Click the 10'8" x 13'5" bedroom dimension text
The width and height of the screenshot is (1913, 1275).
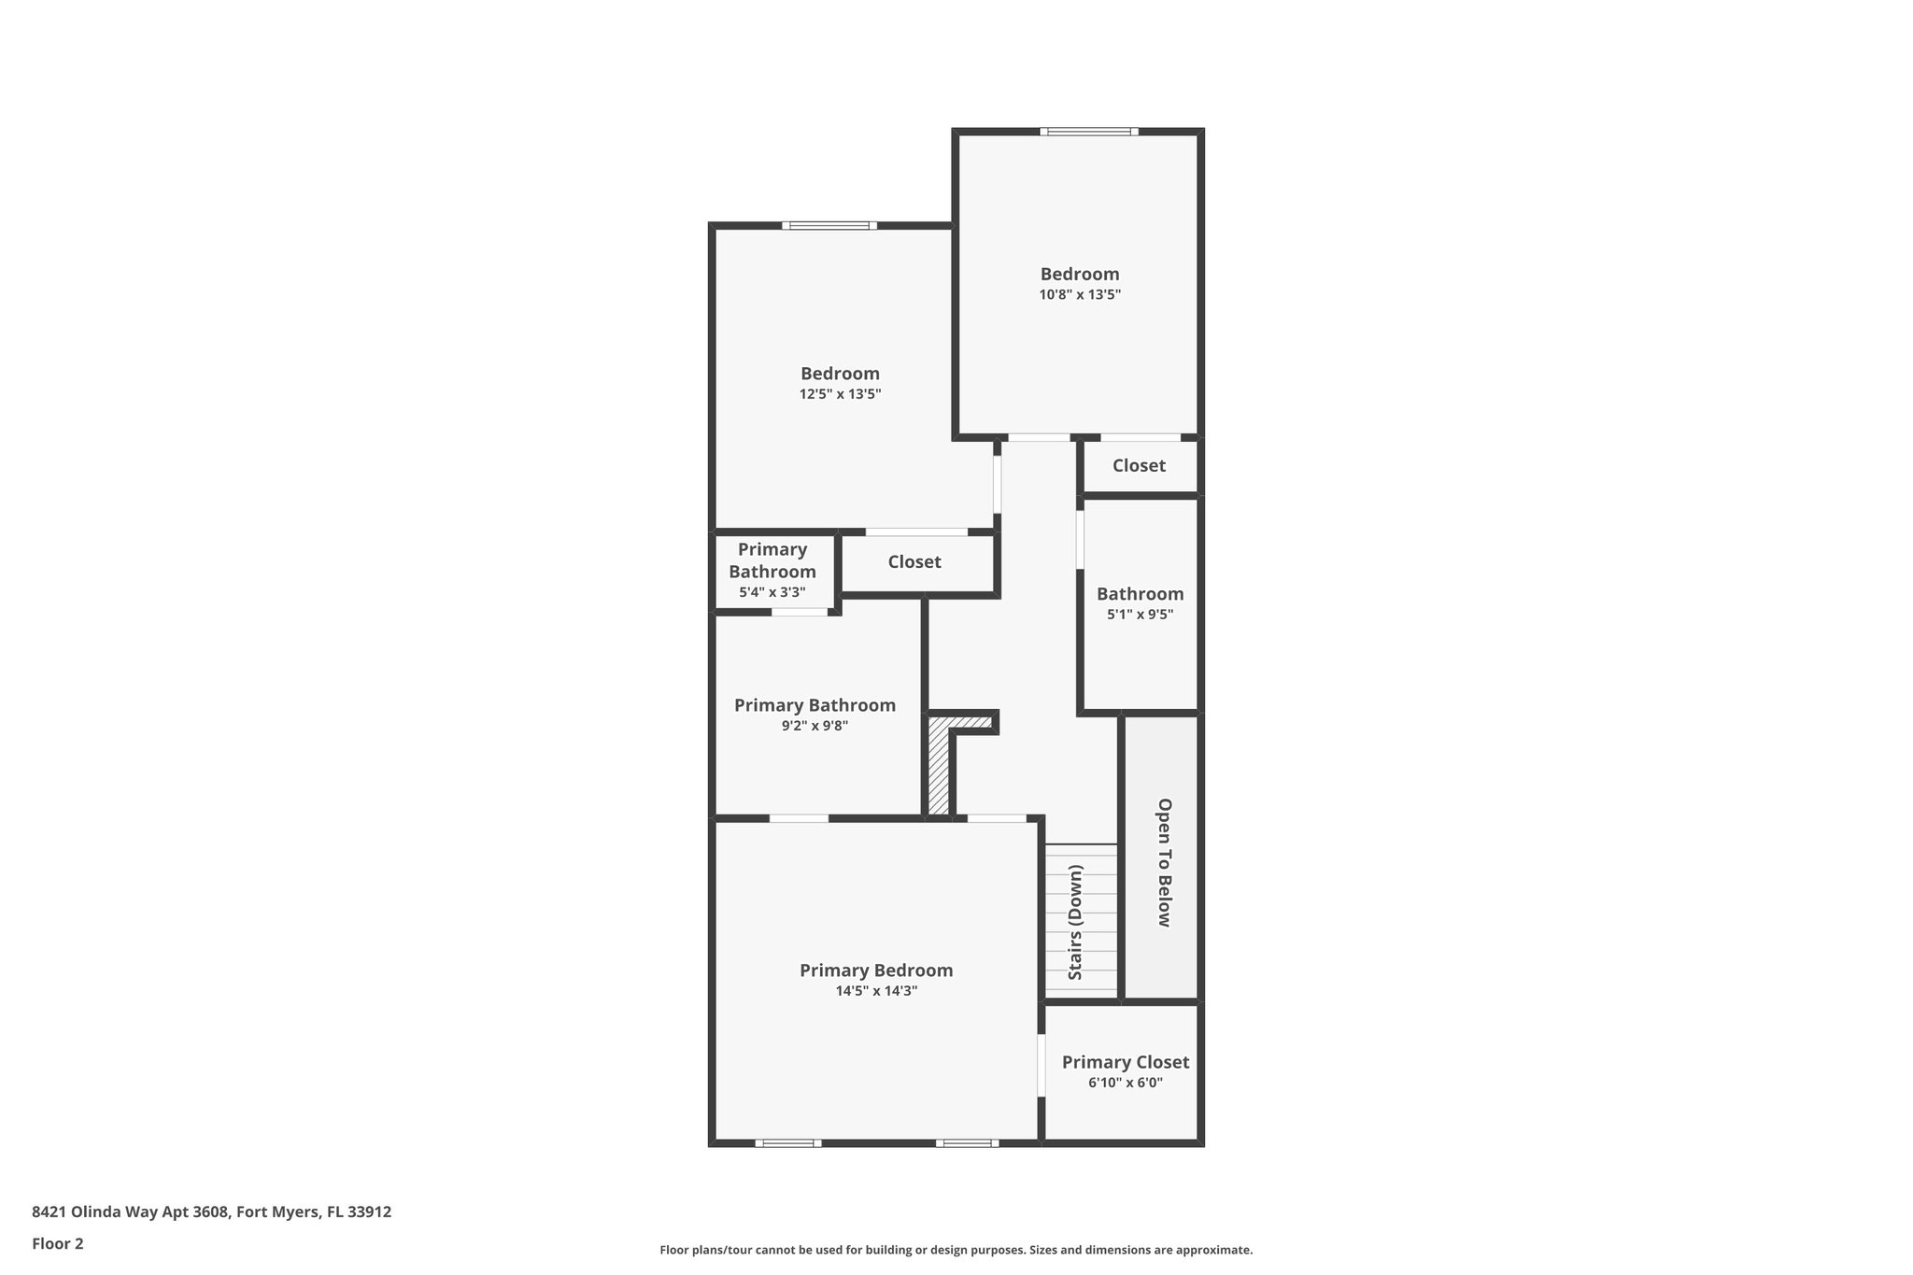point(1080,294)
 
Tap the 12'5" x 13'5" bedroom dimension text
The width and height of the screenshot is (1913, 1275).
point(840,394)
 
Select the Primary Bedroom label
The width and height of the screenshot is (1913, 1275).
point(875,970)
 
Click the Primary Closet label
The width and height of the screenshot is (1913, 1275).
point(1125,1062)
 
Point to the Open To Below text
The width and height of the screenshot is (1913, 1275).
point(1164,862)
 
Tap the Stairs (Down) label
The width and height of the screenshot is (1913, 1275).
point(1075,922)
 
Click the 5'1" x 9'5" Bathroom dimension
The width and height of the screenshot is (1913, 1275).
point(1140,615)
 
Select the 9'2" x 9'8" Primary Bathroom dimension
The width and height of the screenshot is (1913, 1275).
point(815,726)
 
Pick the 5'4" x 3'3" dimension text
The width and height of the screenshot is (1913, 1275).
point(772,592)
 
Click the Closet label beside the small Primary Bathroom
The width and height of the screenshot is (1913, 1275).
point(914,562)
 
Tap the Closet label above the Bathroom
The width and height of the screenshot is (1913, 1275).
point(1138,465)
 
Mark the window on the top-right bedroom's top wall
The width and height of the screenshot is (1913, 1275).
point(1089,132)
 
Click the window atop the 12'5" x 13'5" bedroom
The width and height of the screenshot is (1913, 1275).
point(829,225)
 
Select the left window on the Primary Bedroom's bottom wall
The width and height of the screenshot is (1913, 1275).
point(787,1142)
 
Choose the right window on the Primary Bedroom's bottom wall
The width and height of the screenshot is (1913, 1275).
point(967,1142)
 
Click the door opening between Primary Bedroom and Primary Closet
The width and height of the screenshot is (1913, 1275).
point(1042,1065)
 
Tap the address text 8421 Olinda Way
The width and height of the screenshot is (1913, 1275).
point(212,1211)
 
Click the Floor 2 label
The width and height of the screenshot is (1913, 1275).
point(58,1243)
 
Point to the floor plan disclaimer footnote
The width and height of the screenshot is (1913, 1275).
point(956,1250)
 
